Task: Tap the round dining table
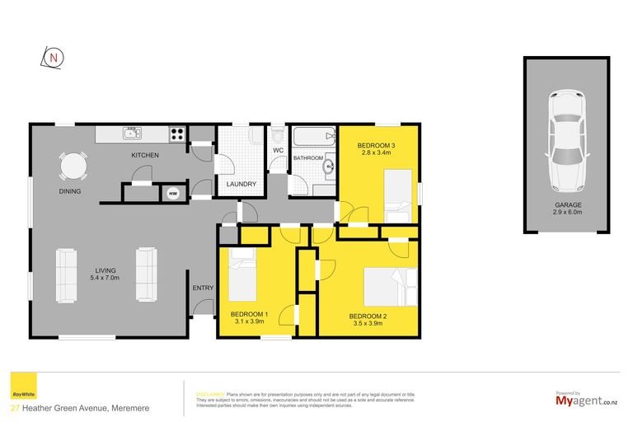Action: [x=72, y=168]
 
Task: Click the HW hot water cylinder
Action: [x=173, y=194]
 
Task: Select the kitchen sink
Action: [x=132, y=133]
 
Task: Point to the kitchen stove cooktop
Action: [x=177, y=133]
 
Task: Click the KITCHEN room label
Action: [x=145, y=155]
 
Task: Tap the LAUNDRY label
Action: [x=241, y=184]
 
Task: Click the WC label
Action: [x=278, y=150]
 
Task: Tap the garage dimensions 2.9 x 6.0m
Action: [x=567, y=212]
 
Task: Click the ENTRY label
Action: [x=203, y=288]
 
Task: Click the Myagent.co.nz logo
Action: [x=586, y=400]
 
